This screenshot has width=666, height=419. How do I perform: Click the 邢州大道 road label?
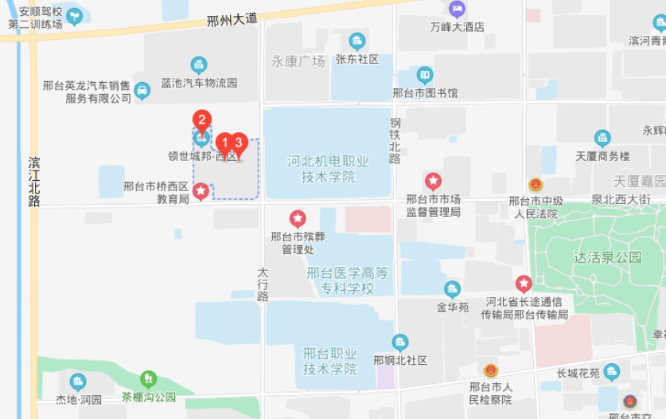coord(232,19)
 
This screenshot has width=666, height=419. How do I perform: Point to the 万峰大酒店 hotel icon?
coord(457,10)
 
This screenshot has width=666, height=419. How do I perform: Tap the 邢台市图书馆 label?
coord(425,92)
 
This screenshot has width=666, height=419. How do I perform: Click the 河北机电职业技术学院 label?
coord(328,169)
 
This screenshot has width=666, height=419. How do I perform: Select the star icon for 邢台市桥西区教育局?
coord(201,190)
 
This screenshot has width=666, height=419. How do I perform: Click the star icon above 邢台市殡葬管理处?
coord(298,217)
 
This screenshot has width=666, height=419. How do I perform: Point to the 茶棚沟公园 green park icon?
coord(148,379)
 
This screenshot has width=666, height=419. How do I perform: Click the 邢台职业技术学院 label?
coord(330,361)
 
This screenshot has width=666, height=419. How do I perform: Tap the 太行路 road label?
coord(263,284)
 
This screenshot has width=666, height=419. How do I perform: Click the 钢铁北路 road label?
coord(395,141)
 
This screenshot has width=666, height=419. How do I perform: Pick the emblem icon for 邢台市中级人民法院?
coord(536,185)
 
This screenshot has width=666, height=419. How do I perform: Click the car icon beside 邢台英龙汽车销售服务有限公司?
coord(142,91)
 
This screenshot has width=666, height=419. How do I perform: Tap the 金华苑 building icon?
coord(452,289)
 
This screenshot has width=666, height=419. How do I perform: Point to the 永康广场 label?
coord(298,61)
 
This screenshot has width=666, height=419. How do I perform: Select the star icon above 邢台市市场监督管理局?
coord(434,181)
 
